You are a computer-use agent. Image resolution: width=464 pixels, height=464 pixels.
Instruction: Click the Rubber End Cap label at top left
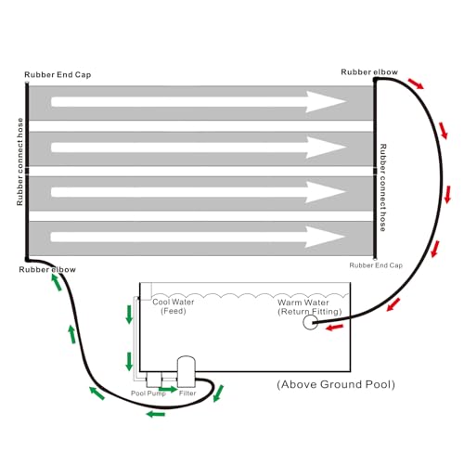pos(58,75)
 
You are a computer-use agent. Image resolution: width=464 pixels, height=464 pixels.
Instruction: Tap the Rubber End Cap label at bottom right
pos(376,265)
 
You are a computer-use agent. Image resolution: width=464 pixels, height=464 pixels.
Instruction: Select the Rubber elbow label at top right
pos(369,72)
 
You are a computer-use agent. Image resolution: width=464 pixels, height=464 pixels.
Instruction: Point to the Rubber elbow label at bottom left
pos(47,270)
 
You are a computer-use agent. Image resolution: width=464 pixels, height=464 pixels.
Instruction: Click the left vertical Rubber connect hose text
pos(19,161)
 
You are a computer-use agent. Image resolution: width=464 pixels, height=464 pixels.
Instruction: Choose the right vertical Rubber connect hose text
pos(383,187)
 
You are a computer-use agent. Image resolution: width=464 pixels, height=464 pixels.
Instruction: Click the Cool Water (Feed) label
pos(174,306)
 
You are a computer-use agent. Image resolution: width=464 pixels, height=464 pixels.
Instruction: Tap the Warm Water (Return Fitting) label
pos(310,307)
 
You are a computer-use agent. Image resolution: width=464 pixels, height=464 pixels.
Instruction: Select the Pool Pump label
pos(148,393)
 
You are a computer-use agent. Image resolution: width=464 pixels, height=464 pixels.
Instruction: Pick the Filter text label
pos(187,393)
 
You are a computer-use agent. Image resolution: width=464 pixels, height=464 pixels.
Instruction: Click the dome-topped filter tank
pos(186,371)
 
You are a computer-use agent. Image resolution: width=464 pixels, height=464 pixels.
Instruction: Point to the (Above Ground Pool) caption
pos(336,384)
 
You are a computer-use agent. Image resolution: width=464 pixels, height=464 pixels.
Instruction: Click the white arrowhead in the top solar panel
pos(325,102)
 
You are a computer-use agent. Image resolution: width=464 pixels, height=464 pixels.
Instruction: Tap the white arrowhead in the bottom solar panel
pos(324,237)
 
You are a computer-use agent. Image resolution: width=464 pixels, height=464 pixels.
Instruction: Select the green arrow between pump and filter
pos(168,389)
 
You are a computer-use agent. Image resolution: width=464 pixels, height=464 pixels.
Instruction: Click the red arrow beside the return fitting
pos(335,327)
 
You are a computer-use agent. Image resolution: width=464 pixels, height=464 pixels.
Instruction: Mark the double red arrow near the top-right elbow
pos(416,84)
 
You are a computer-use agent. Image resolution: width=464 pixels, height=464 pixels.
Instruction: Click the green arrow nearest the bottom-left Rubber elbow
pos(57,282)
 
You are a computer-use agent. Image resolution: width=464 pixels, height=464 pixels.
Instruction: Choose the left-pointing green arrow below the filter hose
pos(156,414)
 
